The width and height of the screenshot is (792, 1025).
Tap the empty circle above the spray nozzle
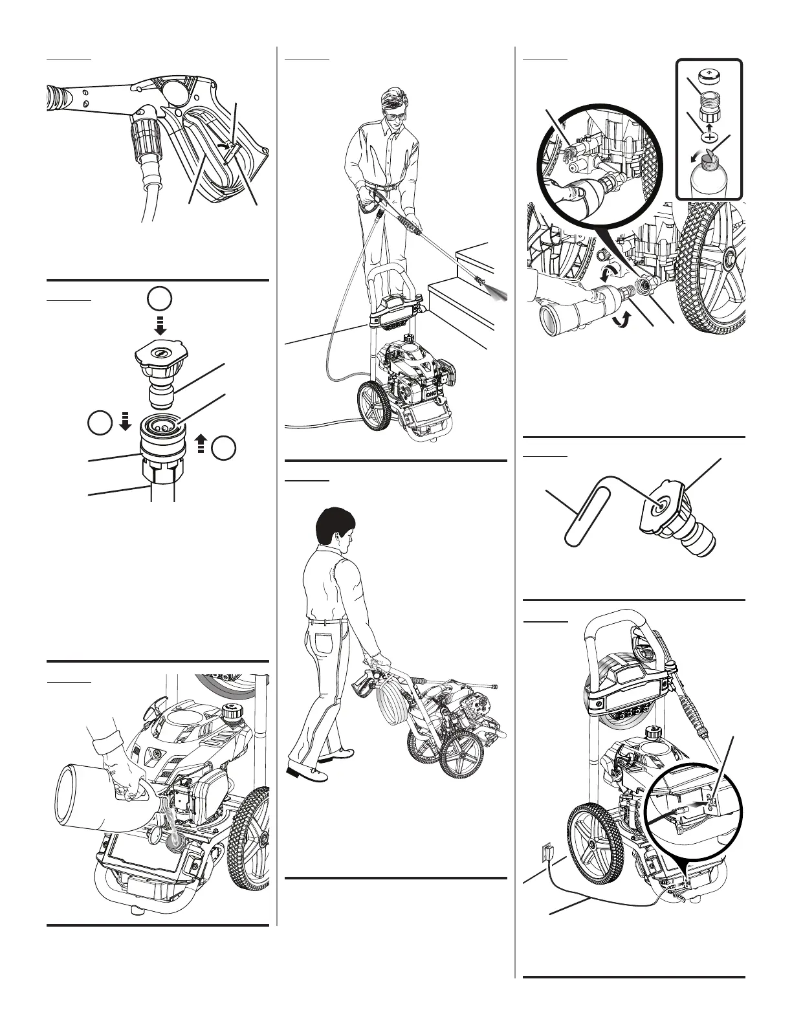tap(159, 300)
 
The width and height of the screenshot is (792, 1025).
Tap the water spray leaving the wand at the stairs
tap(497, 296)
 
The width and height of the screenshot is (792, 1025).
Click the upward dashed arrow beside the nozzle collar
tap(201, 445)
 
